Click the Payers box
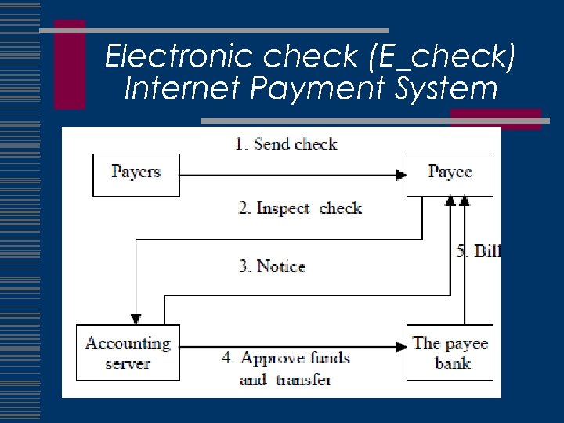click(136, 174)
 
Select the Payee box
click(450, 174)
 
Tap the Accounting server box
click(128, 352)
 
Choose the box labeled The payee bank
click(450, 352)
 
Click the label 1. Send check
click(286, 144)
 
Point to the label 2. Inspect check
click(300, 208)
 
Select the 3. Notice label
click(272, 266)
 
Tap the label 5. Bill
click(478, 251)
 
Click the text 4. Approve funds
click(286, 359)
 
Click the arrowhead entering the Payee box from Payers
click(399, 175)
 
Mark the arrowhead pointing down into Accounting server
click(136, 319)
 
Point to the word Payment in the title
click(304, 89)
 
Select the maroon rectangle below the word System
click(495, 118)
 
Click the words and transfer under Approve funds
click(285, 380)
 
